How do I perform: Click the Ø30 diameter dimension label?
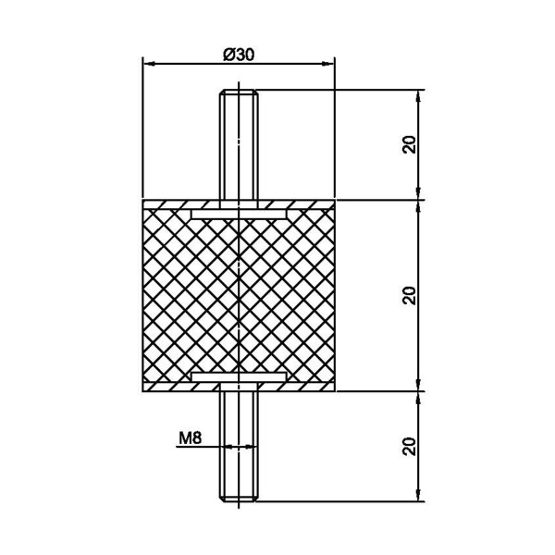coord(239,55)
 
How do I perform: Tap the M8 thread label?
coord(190,438)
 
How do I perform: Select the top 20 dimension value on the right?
coord(409,144)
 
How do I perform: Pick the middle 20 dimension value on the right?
coord(409,296)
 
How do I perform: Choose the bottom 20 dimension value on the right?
coord(409,447)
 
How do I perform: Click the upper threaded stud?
coord(239,144)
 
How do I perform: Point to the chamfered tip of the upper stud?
coord(239,92)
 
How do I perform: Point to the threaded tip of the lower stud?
coord(239,499)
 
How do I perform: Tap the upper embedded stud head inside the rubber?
coord(239,214)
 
